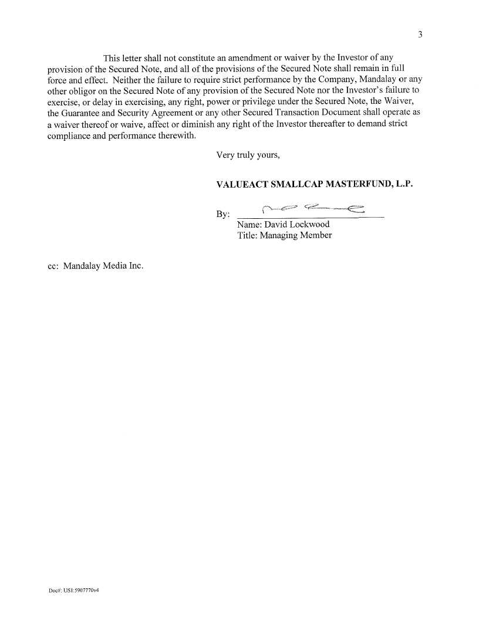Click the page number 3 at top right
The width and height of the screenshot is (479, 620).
click(x=420, y=35)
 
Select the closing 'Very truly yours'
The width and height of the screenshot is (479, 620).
click(x=248, y=155)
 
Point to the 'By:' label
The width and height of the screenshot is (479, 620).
click(x=223, y=215)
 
